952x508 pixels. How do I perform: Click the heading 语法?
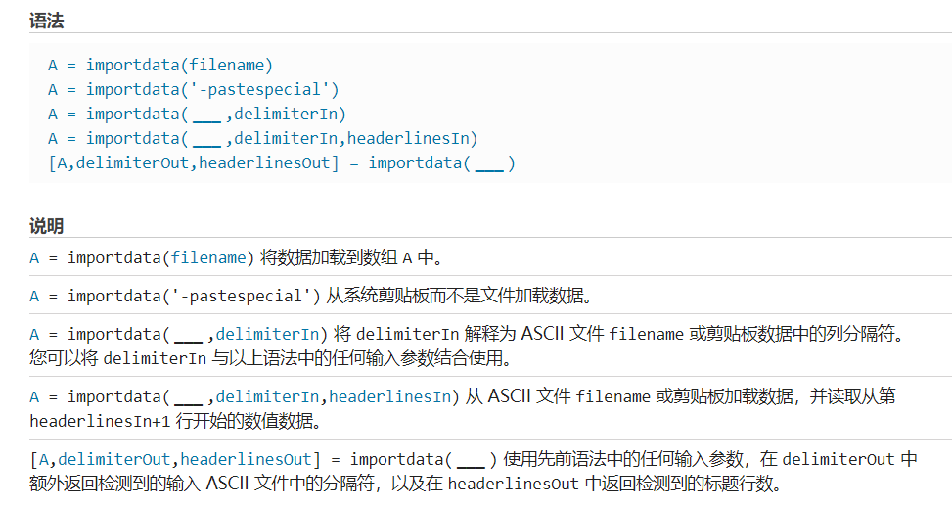pos(47,22)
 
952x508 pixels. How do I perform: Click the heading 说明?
pos(47,226)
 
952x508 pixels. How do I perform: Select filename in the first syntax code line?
pos(226,65)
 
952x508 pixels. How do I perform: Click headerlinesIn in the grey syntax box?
pos(408,139)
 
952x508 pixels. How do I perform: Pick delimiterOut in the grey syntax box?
pos(132,162)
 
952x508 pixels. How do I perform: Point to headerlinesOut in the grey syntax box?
pos(264,162)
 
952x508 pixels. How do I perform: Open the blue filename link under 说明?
pos(207,257)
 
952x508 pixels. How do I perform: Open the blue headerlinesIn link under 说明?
pos(389,396)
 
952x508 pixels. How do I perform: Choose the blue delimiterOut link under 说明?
pos(114,459)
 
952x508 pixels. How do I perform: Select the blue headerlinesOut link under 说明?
pos(246,459)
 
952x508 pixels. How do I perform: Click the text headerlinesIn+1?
pos(100,421)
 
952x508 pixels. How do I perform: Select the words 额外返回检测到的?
pos(98,484)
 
